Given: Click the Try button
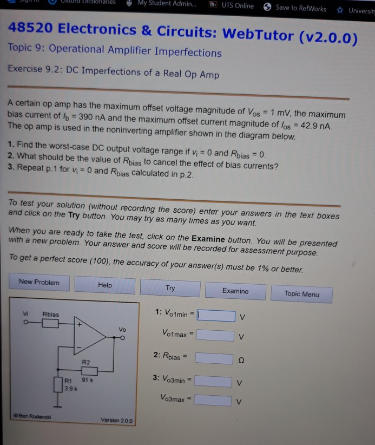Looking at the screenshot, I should pos(170,289).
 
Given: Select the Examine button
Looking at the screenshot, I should pos(235,291).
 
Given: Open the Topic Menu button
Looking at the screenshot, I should pos(302,294).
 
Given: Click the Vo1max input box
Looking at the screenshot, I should pos(215,335).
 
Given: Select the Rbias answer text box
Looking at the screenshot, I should pos(214,358).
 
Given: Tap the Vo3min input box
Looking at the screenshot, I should pos(213,381).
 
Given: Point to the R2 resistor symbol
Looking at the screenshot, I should pos(89,371).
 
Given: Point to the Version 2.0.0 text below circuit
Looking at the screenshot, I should pos(117,420).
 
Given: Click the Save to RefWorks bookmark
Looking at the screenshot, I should pos(295,8).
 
